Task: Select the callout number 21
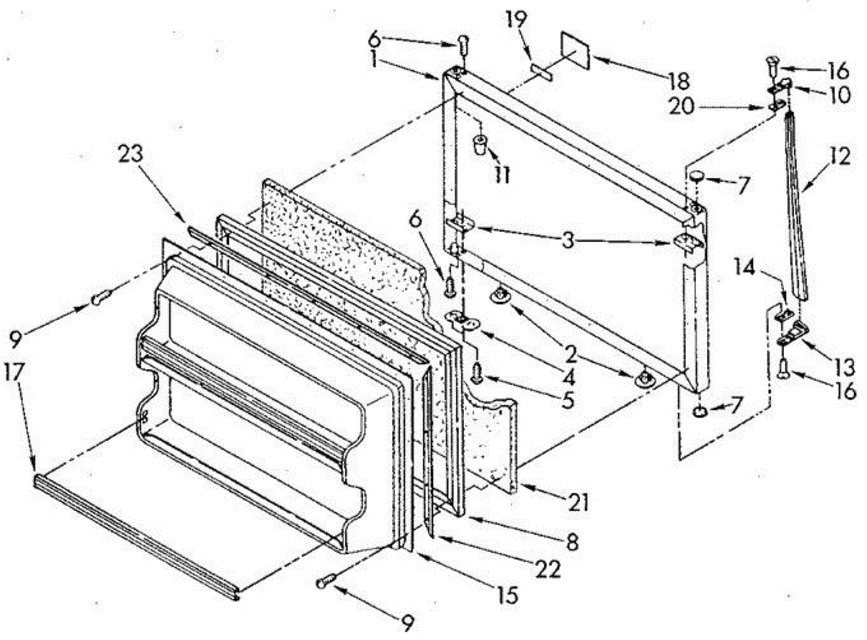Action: pos(579,501)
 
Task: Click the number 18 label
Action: pos(678,80)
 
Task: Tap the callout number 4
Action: pos(569,376)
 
